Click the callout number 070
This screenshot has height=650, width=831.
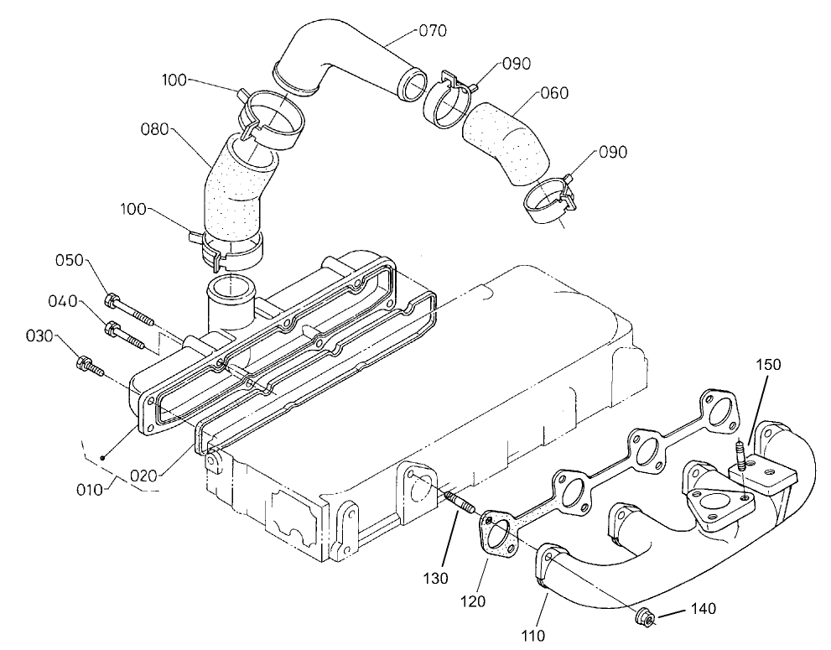click(x=433, y=31)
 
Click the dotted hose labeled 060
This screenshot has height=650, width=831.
click(x=508, y=140)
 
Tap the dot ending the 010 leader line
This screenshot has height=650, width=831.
click(x=101, y=457)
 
